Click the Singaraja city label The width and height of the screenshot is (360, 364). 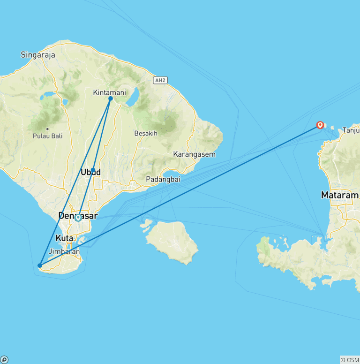(x=38, y=55)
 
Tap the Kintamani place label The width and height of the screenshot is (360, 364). (x=109, y=92)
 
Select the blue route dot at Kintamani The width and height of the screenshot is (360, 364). (x=111, y=99)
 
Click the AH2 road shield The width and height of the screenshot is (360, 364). (x=160, y=80)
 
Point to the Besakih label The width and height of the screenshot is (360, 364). (x=145, y=133)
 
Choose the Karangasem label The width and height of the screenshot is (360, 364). (x=194, y=154)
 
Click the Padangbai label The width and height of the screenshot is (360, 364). (x=163, y=179)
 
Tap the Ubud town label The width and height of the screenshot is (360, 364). (x=91, y=172)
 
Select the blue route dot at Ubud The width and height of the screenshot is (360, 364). (x=93, y=170)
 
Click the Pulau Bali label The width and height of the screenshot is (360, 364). (x=47, y=136)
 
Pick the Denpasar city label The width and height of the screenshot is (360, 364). (x=78, y=216)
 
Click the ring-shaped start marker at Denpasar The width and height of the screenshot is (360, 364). (x=78, y=218)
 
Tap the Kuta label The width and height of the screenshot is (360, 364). (x=65, y=238)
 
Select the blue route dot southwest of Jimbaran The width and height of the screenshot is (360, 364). (x=40, y=266)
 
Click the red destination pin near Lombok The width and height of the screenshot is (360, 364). (x=320, y=125)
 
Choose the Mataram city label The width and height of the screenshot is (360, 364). (x=340, y=195)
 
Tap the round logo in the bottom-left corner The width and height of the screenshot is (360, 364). (x=4, y=360)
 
